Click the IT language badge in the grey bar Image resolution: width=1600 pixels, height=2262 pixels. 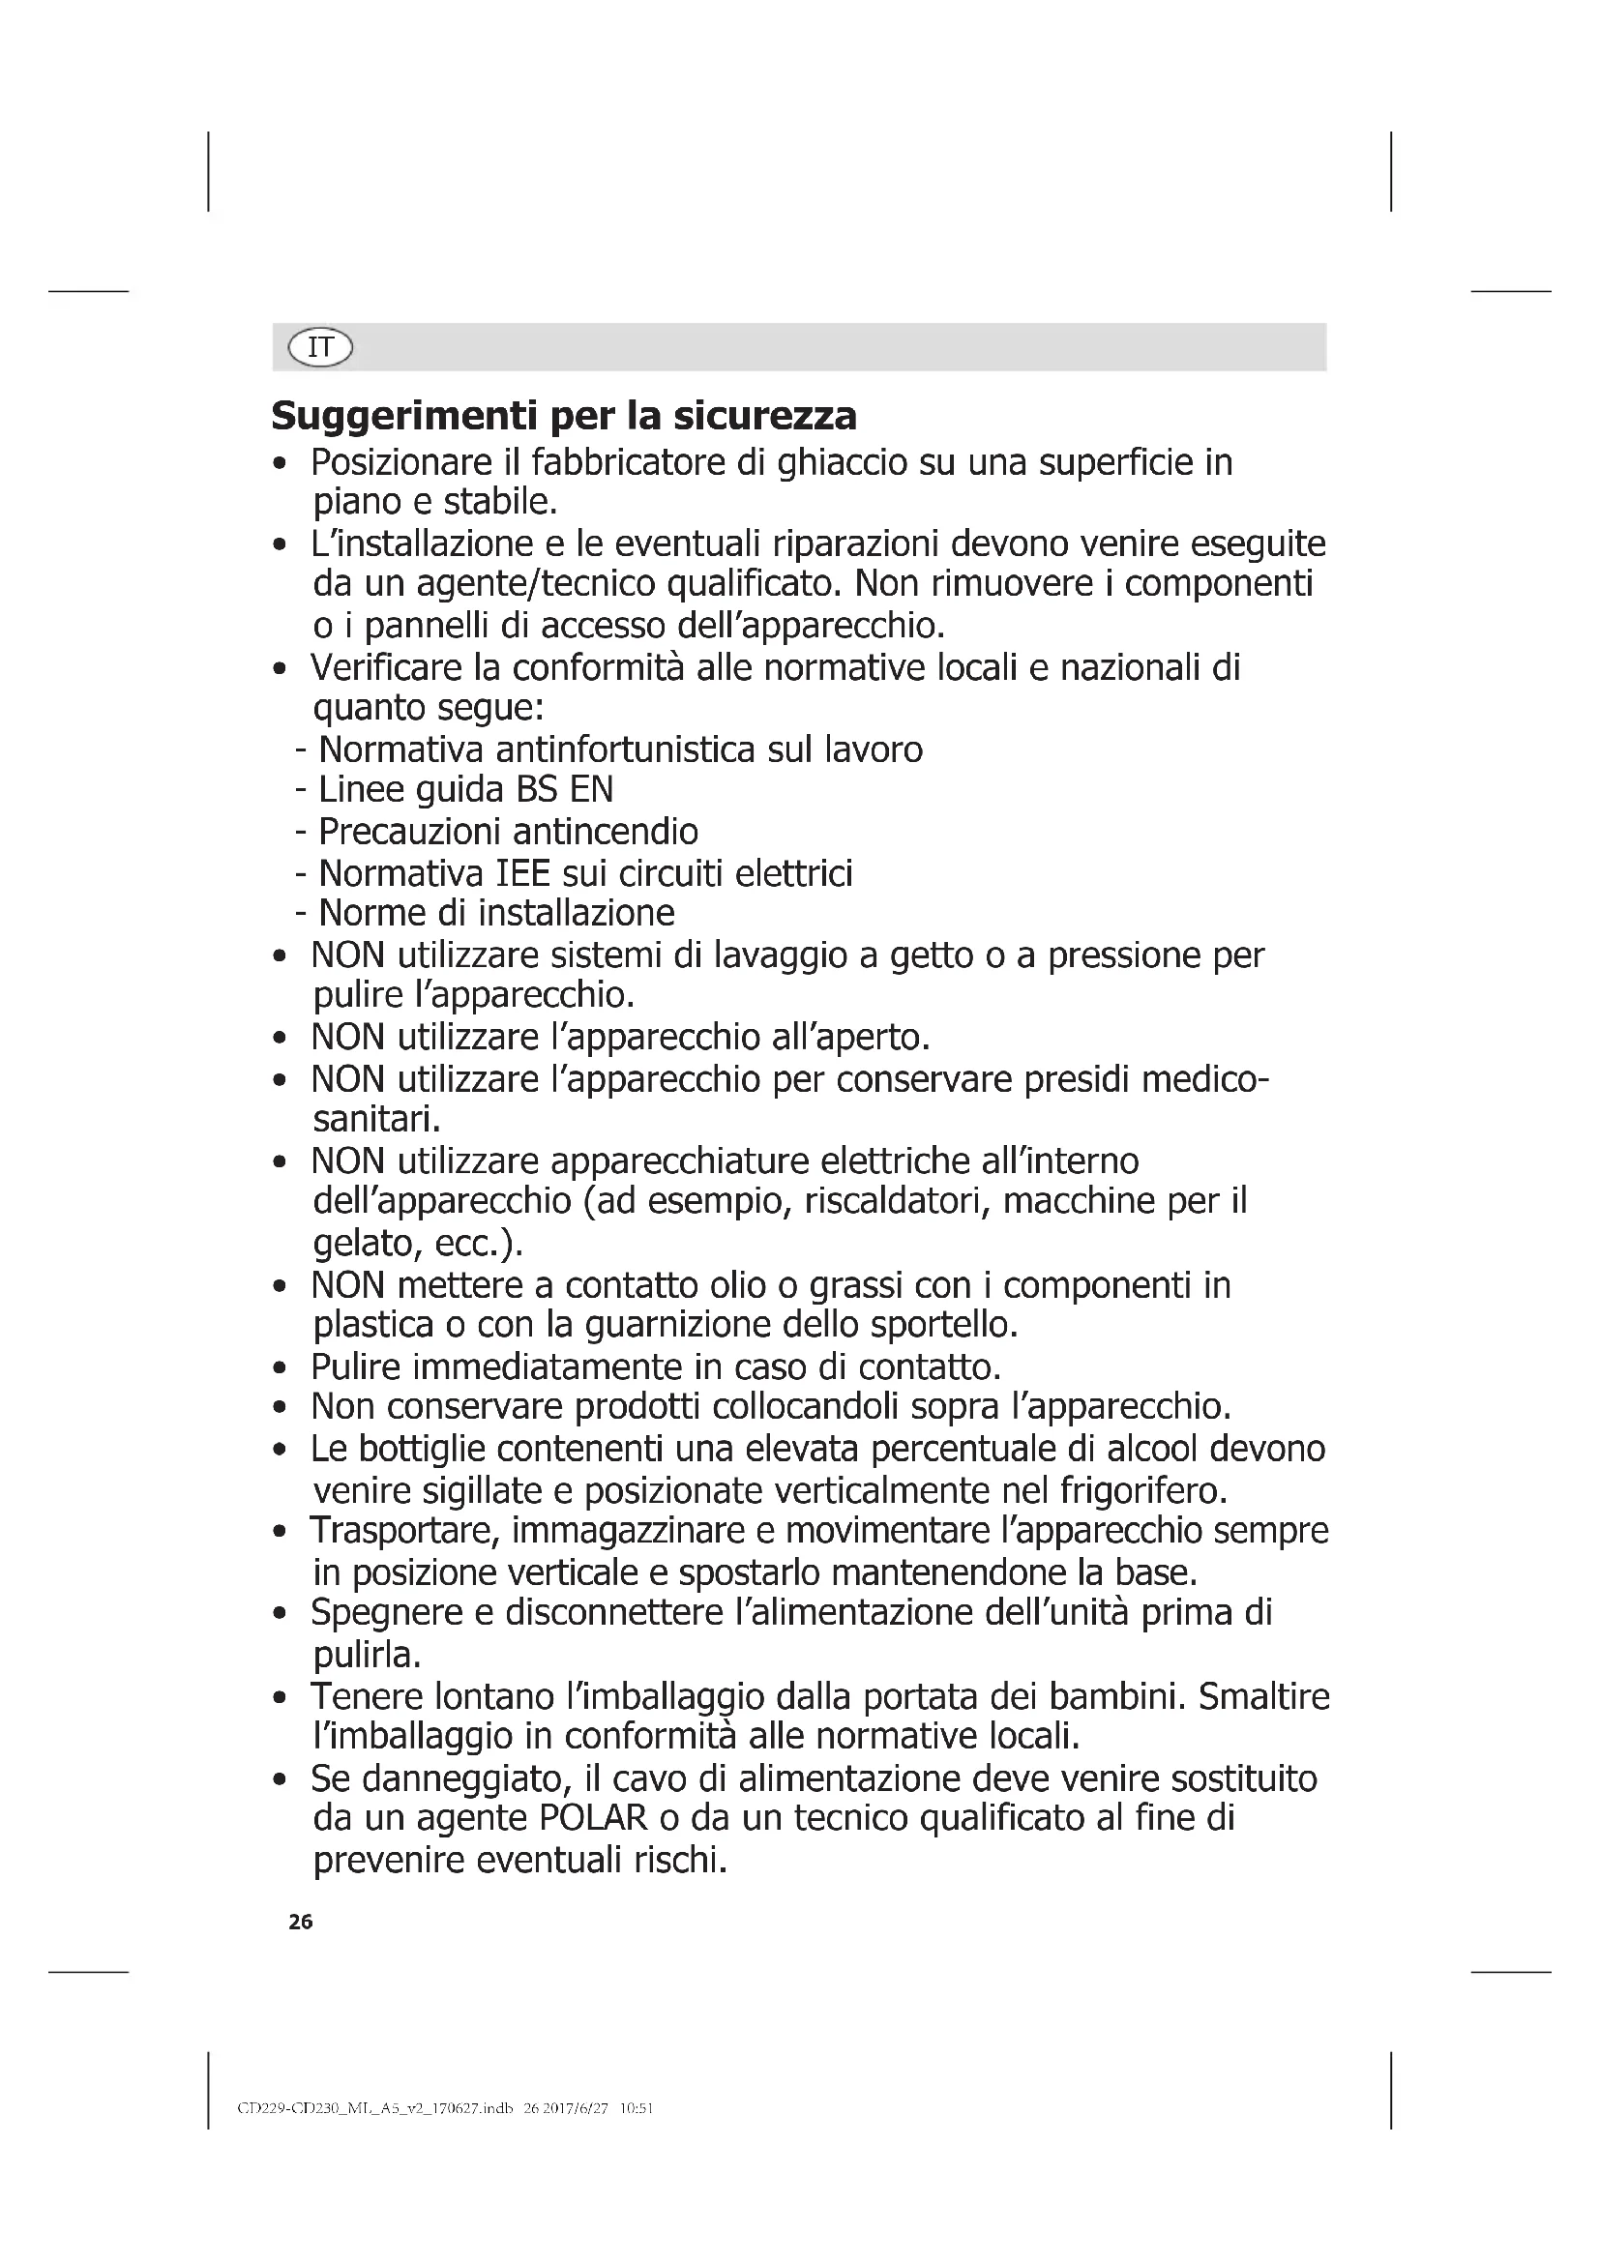(x=320, y=347)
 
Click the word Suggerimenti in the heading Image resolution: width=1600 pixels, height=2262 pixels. (x=403, y=417)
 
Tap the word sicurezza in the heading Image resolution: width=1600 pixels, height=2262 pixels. (x=764, y=417)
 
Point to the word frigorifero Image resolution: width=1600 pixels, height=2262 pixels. (x=1142, y=1490)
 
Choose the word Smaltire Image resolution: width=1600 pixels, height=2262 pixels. (x=1263, y=1695)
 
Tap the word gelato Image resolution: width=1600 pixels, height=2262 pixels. (x=361, y=1244)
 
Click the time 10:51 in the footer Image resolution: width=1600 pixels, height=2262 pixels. (x=637, y=2109)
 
